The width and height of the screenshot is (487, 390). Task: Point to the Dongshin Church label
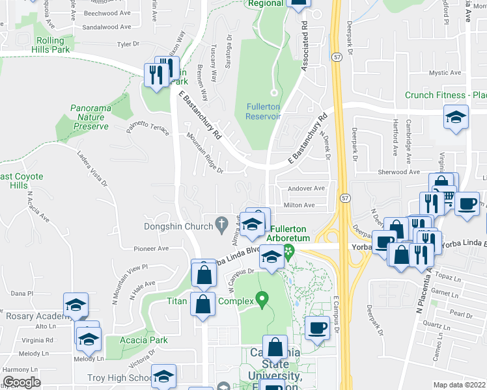(x=178, y=226)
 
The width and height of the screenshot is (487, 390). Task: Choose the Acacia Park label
(x=144, y=340)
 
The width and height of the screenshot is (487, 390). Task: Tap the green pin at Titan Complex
(x=262, y=300)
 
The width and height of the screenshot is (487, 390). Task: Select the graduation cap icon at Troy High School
(x=163, y=376)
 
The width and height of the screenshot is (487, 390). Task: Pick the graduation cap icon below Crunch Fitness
(x=456, y=117)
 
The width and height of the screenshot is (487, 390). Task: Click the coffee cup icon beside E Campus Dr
(x=317, y=327)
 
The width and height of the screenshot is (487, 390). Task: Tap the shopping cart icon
(x=448, y=196)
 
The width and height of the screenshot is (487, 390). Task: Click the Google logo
(x=21, y=382)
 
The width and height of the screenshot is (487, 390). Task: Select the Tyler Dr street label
(x=128, y=44)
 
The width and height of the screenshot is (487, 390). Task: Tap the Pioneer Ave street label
(x=151, y=248)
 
